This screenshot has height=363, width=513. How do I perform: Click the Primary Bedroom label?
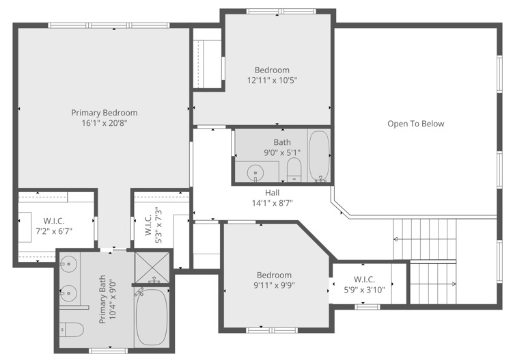click(x=105, y=113)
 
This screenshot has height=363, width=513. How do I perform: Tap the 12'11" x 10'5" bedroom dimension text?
click(x=272, y=81)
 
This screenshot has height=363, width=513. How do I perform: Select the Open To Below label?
click(x=416, y=124)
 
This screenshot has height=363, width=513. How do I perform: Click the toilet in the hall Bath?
click(x=294, y=170)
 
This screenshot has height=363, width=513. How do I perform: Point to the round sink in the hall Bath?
click(x=255, y=172)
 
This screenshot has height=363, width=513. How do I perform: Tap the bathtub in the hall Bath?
click(x=319, y=155)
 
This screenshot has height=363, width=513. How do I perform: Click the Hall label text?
click(x=272, y=193)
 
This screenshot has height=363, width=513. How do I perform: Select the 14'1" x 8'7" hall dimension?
click(x=272, y=203)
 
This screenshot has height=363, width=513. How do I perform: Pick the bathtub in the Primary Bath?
click(x=152, y=317)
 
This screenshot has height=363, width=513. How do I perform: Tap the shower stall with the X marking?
click(x=152, y=267)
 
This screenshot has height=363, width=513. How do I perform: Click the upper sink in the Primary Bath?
click(x=68, y=263)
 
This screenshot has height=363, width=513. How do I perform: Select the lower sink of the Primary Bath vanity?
click(x=68, y=293)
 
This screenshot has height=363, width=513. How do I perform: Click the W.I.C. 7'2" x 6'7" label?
click(x=54, y=226)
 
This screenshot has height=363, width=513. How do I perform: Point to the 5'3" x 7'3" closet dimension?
click(x=158, y=225)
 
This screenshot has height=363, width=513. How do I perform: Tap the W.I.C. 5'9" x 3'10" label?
click(x=364, y=285)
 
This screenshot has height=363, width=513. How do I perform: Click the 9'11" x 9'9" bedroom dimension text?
click(x=274, y=286)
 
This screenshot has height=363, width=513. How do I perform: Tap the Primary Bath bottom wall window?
click(x=108, y=351)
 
